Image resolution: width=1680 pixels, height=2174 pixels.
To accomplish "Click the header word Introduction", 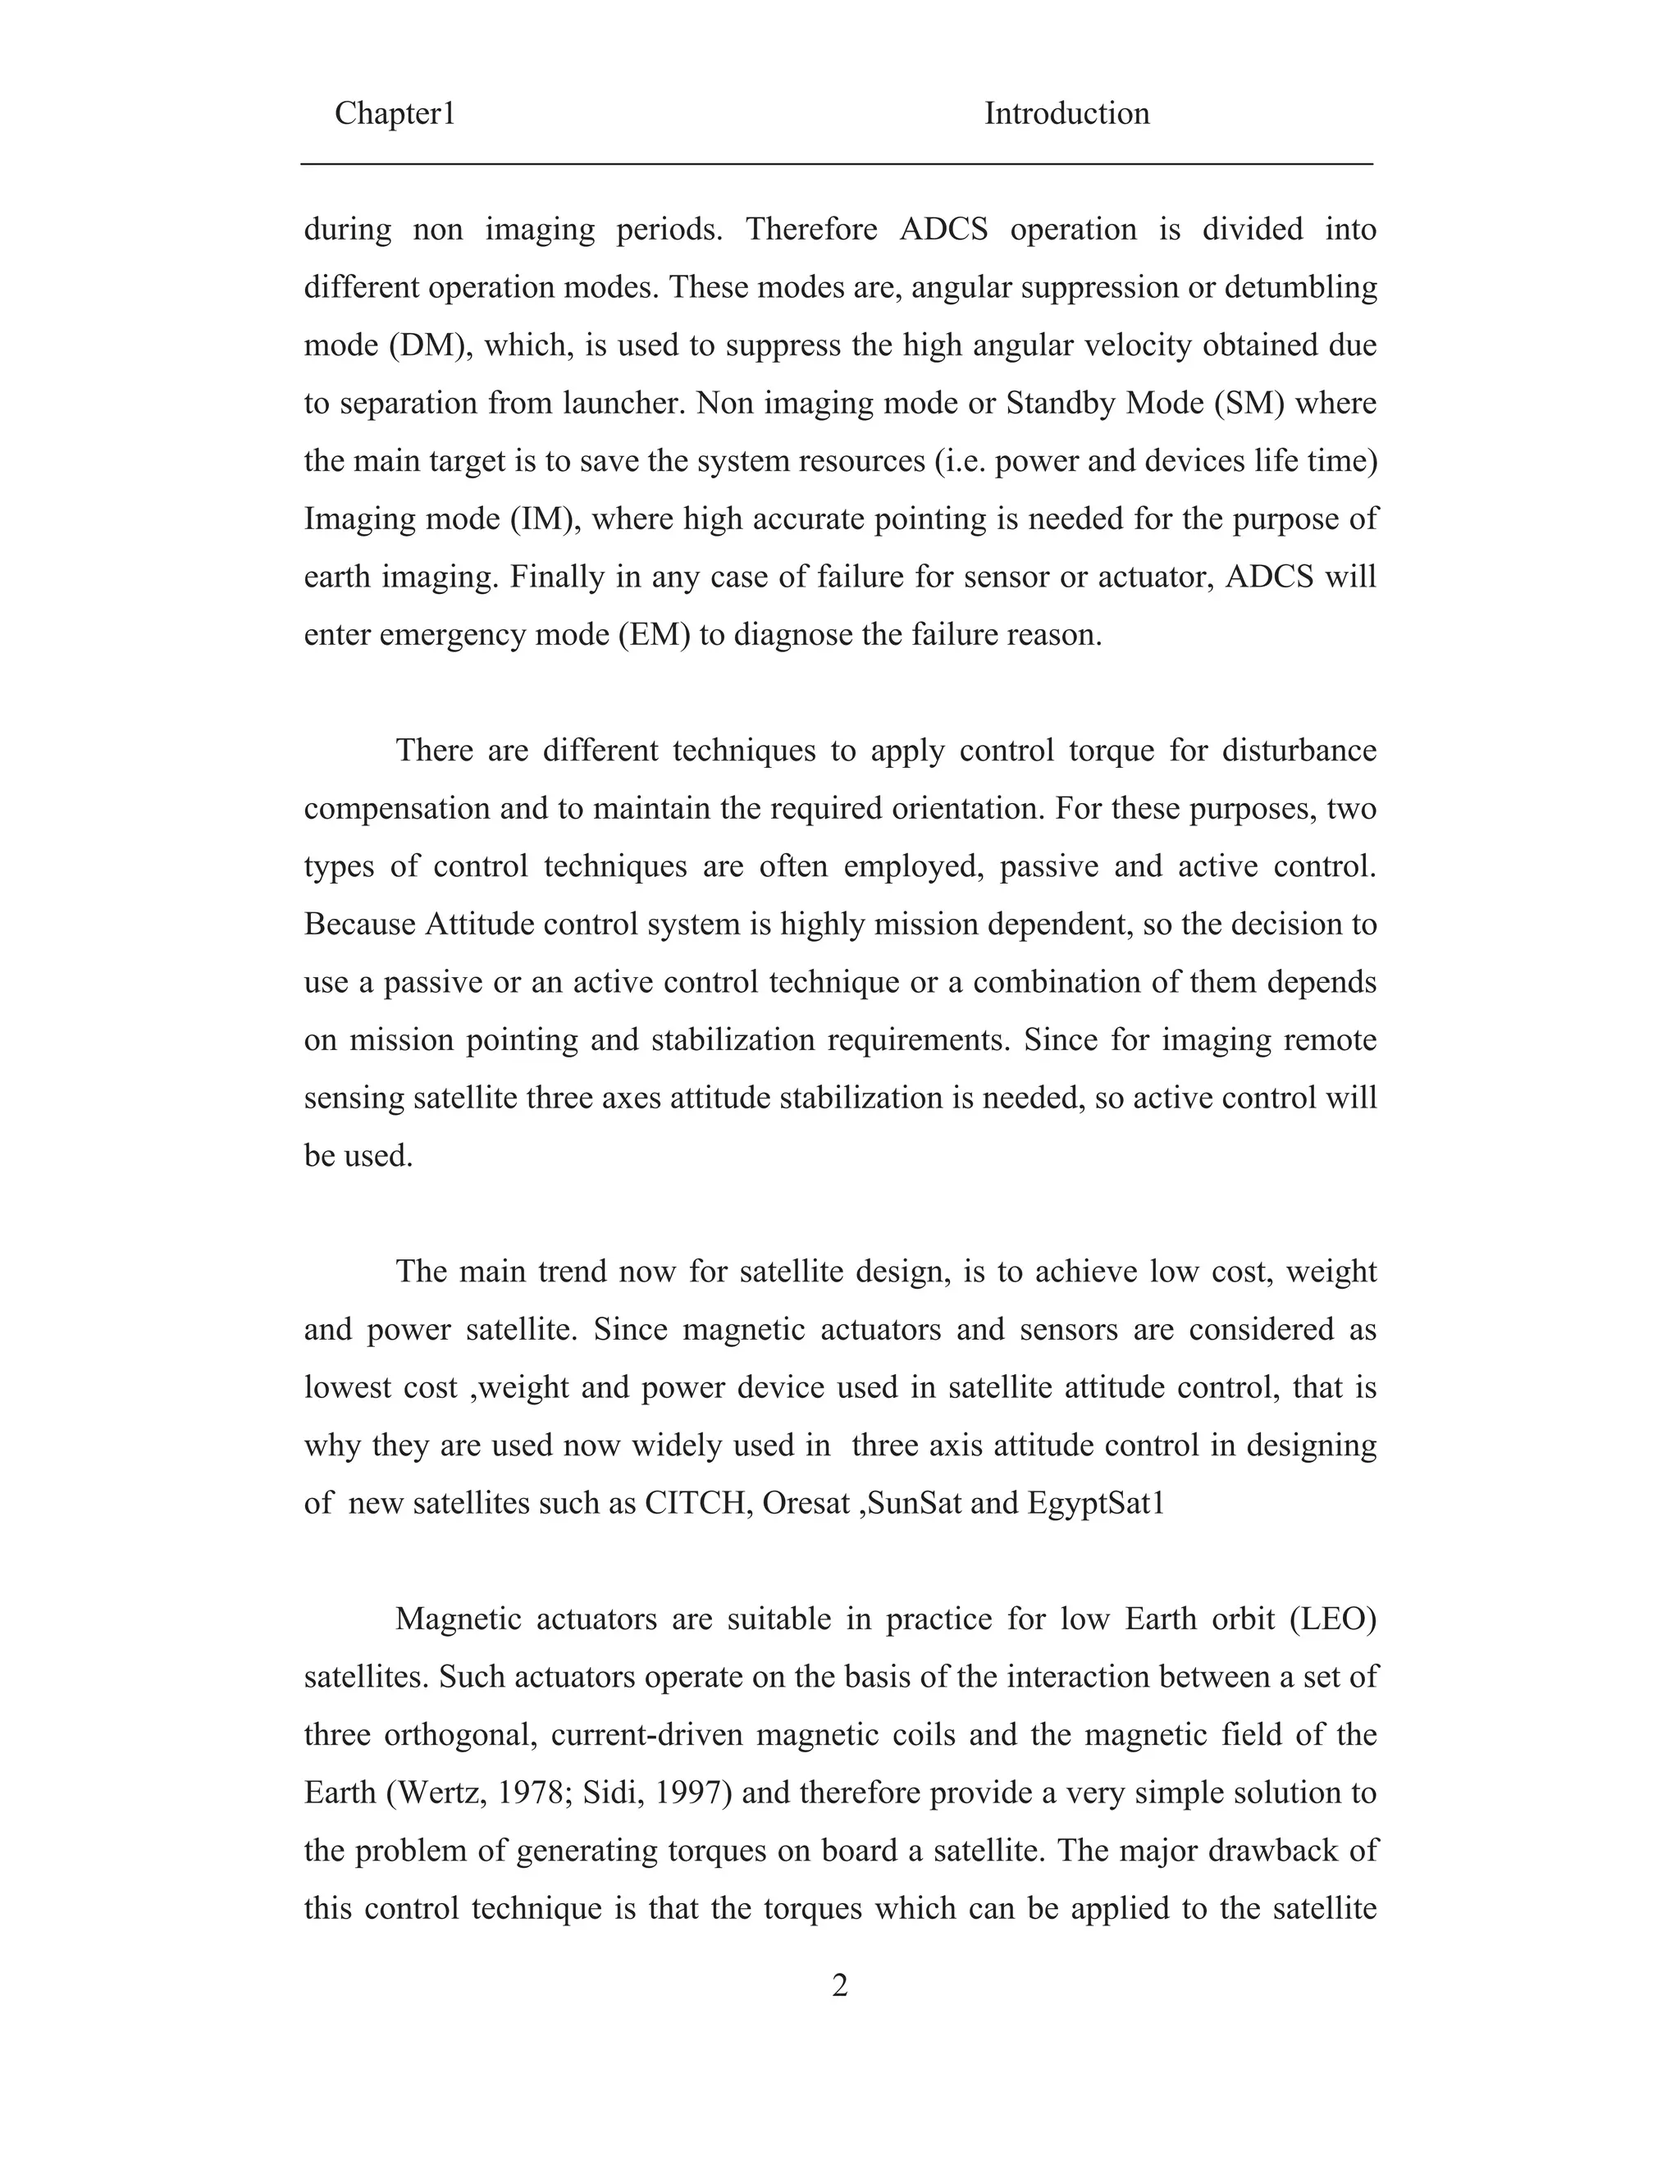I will (x=1067, y=113).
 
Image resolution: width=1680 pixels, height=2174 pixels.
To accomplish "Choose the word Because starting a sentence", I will (x=360, y=924).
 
